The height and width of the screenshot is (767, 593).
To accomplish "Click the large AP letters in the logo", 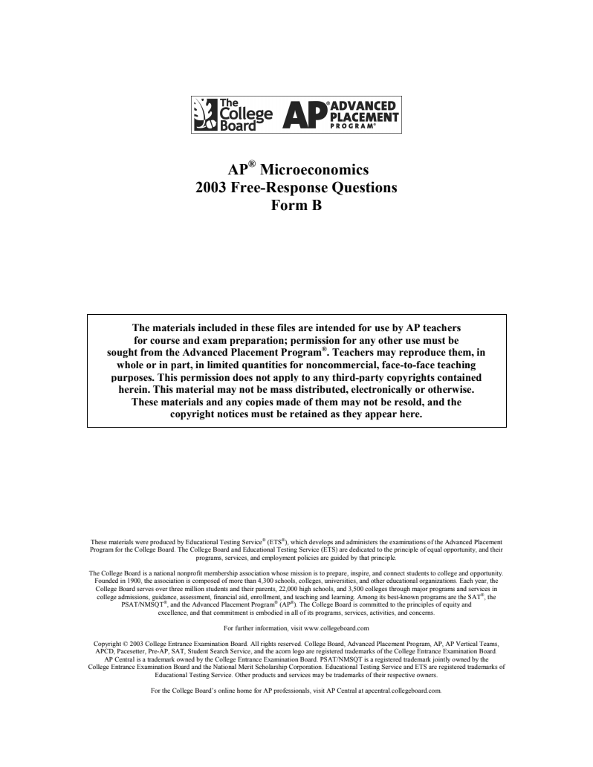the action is (x=306, y=116).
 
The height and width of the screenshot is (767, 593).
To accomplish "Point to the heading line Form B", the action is (x=296, y=206).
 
